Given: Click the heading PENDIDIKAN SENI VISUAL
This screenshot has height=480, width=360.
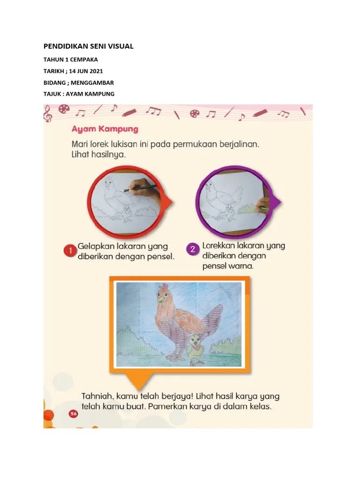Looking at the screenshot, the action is click(x=89, y=46).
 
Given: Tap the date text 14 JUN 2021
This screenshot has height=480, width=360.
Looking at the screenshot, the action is click(x=86, y=71).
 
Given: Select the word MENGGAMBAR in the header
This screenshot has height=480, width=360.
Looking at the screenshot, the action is click(x=92, y=82).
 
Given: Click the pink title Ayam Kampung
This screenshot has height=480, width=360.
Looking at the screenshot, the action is click(x=105, y=129).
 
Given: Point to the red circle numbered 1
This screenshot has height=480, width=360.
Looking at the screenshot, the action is click(x=70, y=251).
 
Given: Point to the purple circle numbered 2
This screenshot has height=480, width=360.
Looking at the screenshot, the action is click(x=193, y=249).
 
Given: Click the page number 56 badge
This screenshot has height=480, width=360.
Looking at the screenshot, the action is click(x=74, y=414).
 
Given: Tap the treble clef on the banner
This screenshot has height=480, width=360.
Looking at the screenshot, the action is click(x=47, y=114).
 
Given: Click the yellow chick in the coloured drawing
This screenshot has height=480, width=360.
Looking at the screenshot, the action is click(x=195, y=349).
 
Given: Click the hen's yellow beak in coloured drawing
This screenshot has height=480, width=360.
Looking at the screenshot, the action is click(x=161, y=297).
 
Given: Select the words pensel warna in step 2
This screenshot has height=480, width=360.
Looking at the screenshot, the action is click(x=228, y=266).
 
